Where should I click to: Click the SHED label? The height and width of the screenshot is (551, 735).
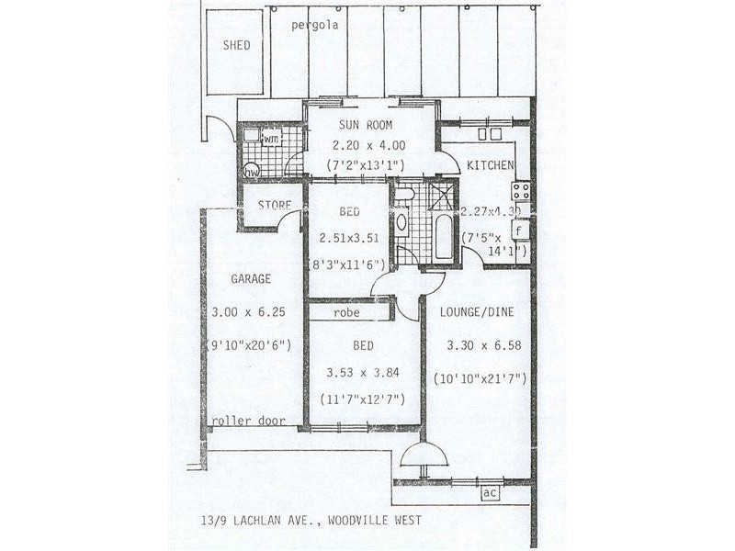pos(236,45)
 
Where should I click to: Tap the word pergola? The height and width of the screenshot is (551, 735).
pos(315,25)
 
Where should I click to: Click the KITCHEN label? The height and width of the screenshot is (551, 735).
pos(490,165)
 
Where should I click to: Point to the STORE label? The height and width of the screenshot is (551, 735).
pos(274,205)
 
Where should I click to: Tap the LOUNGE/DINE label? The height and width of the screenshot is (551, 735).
pos(476,312)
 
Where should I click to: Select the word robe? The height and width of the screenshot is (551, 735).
pos(347,312)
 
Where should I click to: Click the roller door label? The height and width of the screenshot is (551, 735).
pos(247,422)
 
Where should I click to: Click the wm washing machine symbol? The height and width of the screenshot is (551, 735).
pos(271,139)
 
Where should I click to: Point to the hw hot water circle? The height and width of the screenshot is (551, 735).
pos(251,172)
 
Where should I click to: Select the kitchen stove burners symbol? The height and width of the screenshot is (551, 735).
pos(521,192)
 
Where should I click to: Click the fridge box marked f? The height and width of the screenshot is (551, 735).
pos(519,230)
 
